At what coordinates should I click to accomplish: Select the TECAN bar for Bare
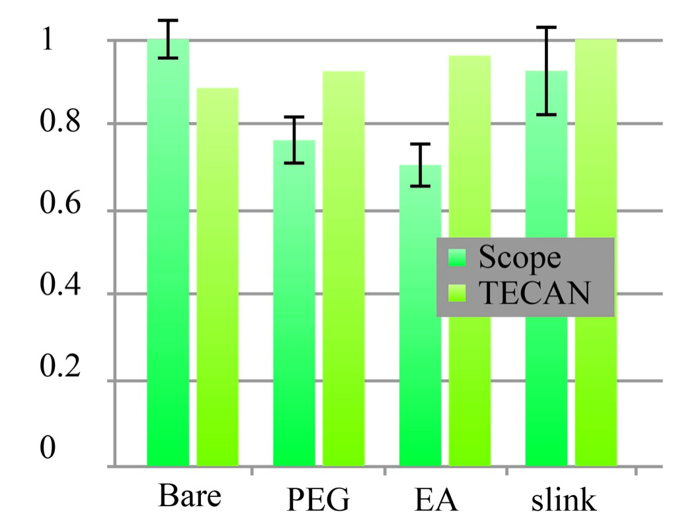click(x=218, y=277)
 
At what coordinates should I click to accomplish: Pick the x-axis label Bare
click(x=189, y=496)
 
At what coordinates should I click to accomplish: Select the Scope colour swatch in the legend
click(x=457, y=258)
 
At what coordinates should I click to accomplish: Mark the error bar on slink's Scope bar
click(x=547, y=71)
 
